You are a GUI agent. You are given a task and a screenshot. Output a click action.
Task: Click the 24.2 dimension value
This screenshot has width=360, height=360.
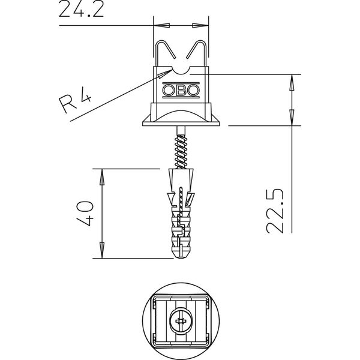(81, 9)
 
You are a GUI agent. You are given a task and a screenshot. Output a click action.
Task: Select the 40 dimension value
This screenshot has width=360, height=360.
(85, 213)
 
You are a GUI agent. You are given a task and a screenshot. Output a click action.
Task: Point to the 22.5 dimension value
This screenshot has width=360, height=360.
(275, 211)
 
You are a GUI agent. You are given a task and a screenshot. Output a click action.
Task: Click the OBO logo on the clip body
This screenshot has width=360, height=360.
(181, 90)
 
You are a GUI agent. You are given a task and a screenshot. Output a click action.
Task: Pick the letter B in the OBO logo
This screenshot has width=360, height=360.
(181, 90)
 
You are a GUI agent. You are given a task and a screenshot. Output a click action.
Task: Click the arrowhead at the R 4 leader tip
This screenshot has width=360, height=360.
(165, 74)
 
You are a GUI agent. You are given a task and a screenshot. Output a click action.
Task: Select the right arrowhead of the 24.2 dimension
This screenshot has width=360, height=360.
(200, 25)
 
